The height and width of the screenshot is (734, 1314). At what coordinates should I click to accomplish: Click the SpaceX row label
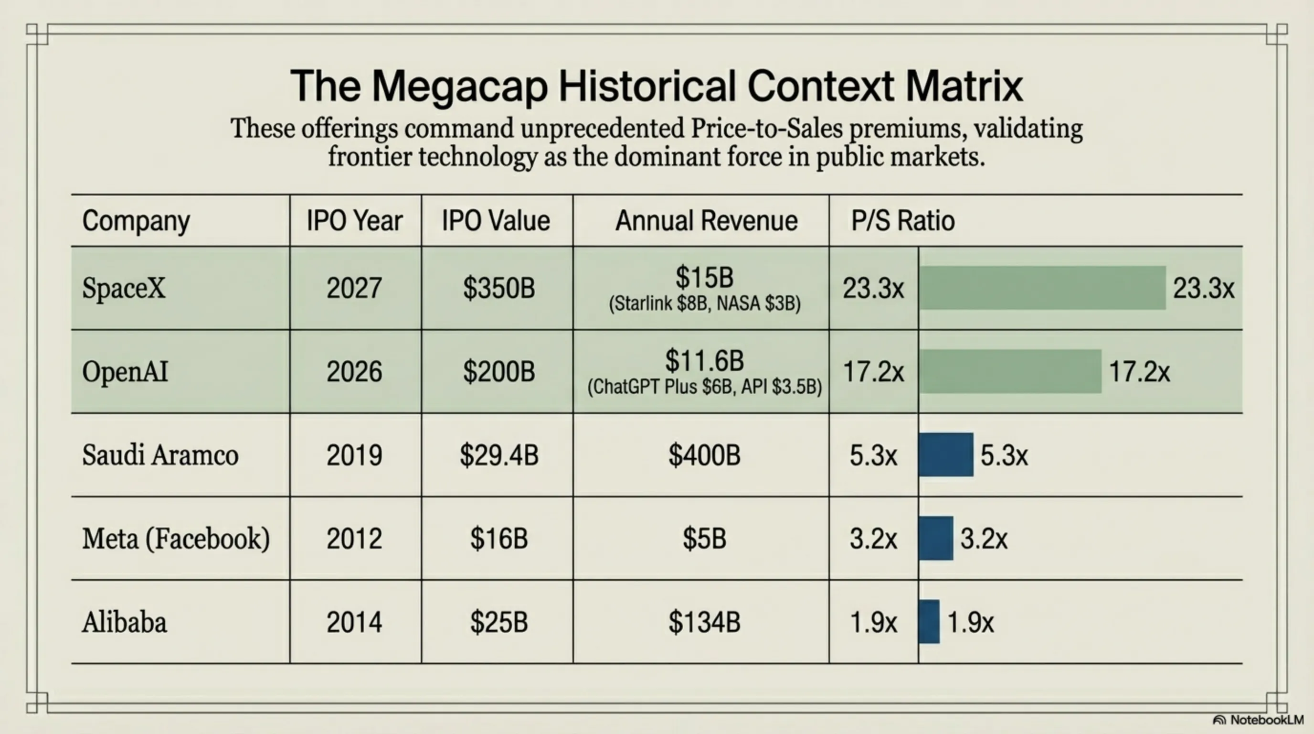coord(124,288)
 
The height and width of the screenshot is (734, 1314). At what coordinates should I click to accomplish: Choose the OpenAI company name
coord(125,371)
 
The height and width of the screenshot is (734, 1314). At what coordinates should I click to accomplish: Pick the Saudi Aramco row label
coord(160,455)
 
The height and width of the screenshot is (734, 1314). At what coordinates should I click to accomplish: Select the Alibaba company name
coord(125,622)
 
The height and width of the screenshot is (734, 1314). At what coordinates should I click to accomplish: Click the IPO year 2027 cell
coord(354,288)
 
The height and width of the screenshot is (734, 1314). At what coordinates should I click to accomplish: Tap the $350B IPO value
coord(499,288)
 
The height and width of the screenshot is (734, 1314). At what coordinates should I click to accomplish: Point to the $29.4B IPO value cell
coord(499,455)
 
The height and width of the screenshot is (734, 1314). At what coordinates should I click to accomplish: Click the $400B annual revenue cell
coord(704,455)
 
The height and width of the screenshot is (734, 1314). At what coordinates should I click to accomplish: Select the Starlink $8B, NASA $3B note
coord(704,304)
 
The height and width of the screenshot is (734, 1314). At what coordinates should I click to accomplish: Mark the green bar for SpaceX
coord(1043,288)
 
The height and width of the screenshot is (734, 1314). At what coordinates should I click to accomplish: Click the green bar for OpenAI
coord(1010,371)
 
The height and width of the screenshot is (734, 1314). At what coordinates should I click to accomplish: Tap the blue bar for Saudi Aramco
coord(946,455)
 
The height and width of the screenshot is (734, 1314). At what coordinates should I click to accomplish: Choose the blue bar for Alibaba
coord(929,622)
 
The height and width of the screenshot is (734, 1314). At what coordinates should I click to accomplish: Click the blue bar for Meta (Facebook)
coord(936,539)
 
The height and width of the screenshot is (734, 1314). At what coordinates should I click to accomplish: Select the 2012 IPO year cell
coord(354,539)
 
